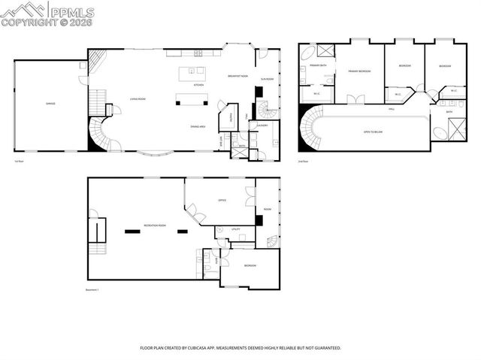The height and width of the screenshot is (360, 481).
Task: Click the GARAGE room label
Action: (x=50, y=104)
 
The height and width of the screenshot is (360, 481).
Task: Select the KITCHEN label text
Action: (x=199, y=86)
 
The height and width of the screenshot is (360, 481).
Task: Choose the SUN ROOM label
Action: (x=267, y=79)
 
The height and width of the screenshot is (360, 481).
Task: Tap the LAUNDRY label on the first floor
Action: (x=262, y=126)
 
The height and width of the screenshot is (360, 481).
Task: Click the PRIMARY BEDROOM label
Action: (x=360, y=71)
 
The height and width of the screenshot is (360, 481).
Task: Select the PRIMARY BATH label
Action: (x=318, y=66)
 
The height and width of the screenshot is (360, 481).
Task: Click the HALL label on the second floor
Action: (x=392, y=109)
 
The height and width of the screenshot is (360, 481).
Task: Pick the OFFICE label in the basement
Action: (x=222, y=201)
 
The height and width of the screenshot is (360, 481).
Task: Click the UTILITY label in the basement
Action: (x=235, y=228)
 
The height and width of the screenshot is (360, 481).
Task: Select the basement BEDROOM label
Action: (x=250, y=266)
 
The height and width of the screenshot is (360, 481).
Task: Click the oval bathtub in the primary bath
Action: (x=307, y=55)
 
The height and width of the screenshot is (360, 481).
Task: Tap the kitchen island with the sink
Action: (x=192, y=73)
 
